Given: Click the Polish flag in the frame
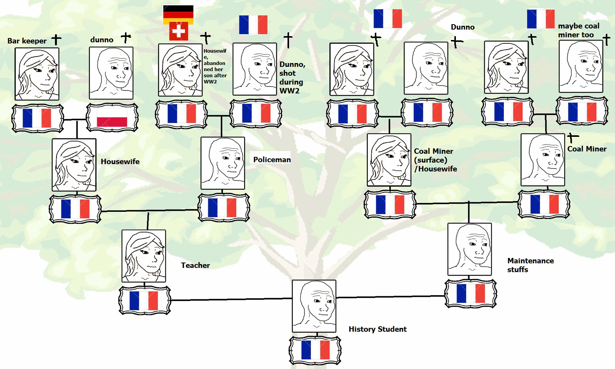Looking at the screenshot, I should pyautogui.click(x=112, y=117).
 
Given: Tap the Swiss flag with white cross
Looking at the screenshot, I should pyautogui.click(x=179, y=31).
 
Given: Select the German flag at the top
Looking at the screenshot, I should pyautogui.click(x=178, y=14).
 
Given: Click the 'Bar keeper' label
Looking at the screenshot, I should pyautogui.click(x=27, y=41).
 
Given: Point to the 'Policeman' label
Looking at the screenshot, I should pyautogui.click(x=272, y=160).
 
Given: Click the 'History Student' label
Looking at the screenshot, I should pyautogui.click(x=377, y=329).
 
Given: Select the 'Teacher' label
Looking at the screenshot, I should pyautogui.click(x=195, y=265).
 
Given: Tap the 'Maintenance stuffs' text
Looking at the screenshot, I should pyautogui.click(x=530, y=265).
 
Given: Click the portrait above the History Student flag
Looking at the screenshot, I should pyautogui.click(x=314, y=306).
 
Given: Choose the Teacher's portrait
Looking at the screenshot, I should pyautogui.click(x=144, y=256).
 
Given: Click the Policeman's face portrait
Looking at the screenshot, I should pyautogui.click(x=223, y=163).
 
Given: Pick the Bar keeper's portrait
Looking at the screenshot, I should pyautogui.click(x=37, y=74).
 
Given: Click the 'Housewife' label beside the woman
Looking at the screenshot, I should pyautogui.click(x=120, y=161).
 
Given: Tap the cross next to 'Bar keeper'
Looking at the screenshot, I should pyautogui.click(x=57, y=39).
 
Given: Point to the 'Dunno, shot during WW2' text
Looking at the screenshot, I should pyautogui.click(x=292, y=77).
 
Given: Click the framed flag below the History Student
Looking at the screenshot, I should pyautogui.click(x=315, y=350).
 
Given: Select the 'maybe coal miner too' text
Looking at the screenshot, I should pyautogui.click(x=578, y=30).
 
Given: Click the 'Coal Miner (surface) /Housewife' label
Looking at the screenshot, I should pyautogui.click(x=435, y=160).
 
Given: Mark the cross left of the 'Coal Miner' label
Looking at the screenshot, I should pyautogui.click(x=572, y=138).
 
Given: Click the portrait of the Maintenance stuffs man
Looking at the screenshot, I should pyautogui.click(x=470, y=249).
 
